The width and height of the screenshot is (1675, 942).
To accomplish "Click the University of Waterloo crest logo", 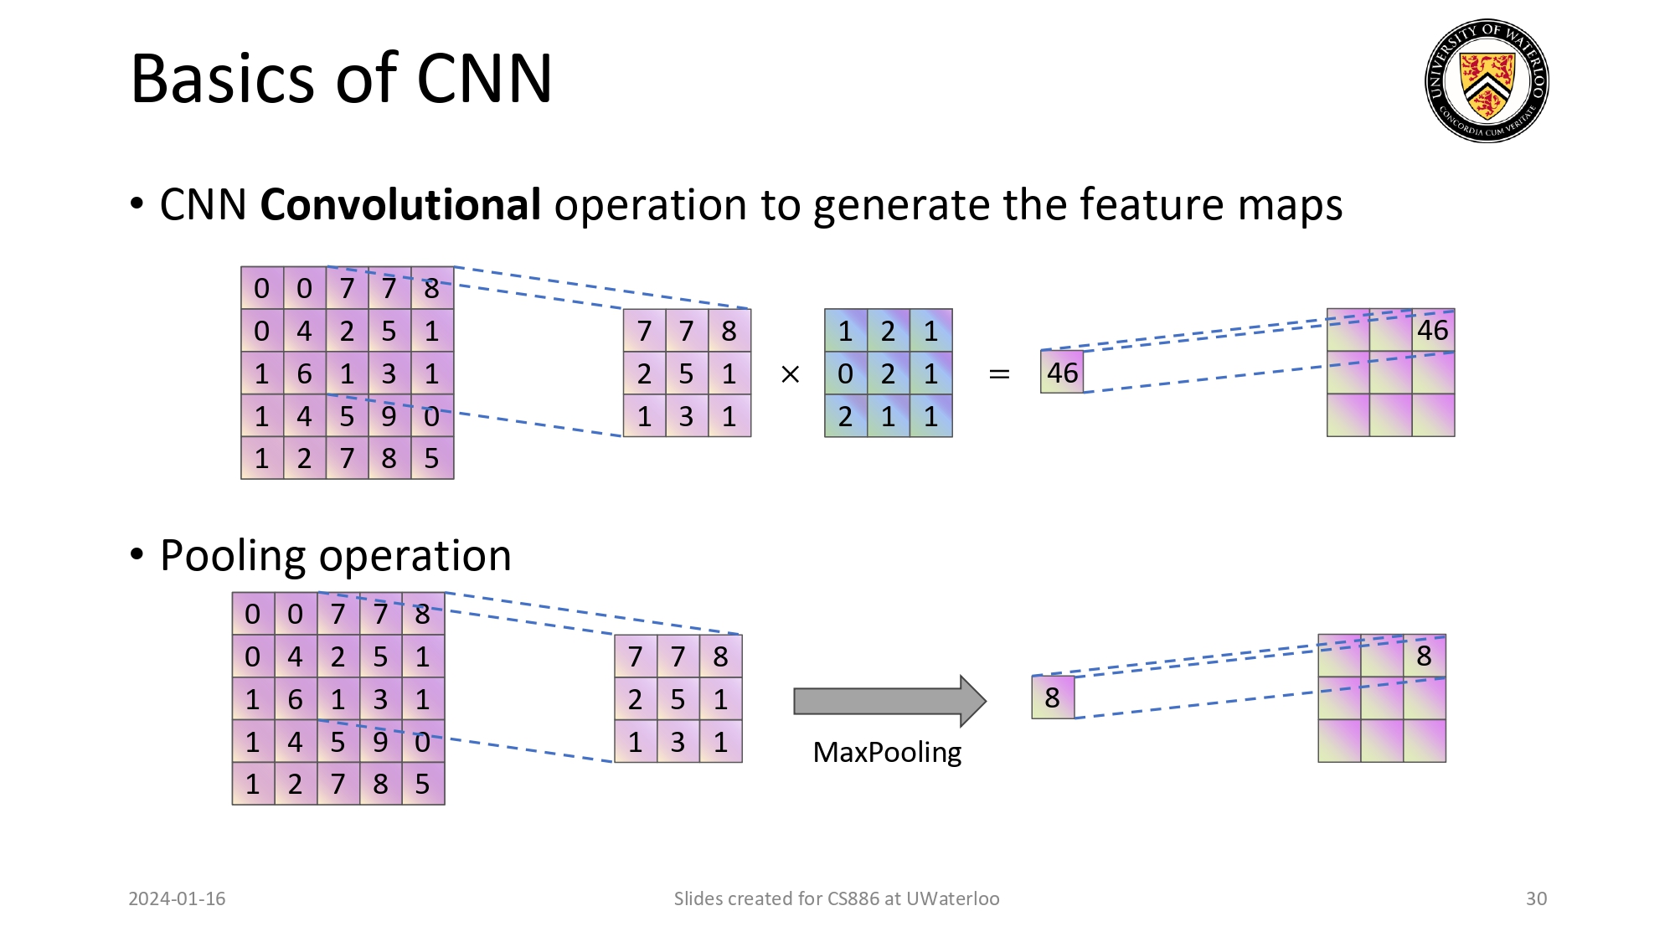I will coord(1487,81).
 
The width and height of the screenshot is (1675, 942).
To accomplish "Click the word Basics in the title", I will coord(221,79).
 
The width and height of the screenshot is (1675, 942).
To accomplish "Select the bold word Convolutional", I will coord(400,205).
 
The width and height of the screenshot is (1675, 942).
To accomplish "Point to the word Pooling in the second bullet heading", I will coord(233,556).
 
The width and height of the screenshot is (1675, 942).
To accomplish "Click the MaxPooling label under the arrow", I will coord(887,752).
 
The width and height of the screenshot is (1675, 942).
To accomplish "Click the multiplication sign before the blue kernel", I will coord(790,374).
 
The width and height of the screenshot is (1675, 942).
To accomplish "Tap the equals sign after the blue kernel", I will coord(998,374).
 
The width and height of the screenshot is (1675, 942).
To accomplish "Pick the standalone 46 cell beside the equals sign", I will coord(1062,373).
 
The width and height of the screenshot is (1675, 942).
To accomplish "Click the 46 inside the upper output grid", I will coord(1432,331).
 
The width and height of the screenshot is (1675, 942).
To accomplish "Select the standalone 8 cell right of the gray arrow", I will coord(1053,697).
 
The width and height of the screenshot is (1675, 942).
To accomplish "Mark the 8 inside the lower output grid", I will coord(1424,656).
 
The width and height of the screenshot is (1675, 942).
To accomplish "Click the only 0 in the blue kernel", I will coord(846,373).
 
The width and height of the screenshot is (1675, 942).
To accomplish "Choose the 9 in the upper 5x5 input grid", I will coord(389,416).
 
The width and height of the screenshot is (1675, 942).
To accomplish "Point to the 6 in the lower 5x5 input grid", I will coord(296,699).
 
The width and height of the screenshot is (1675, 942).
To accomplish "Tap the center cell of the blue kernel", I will coord(888,373).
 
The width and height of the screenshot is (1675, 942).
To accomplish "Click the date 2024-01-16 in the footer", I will coord(177,898).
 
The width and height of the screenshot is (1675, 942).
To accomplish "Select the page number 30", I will coord(1536,898).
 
